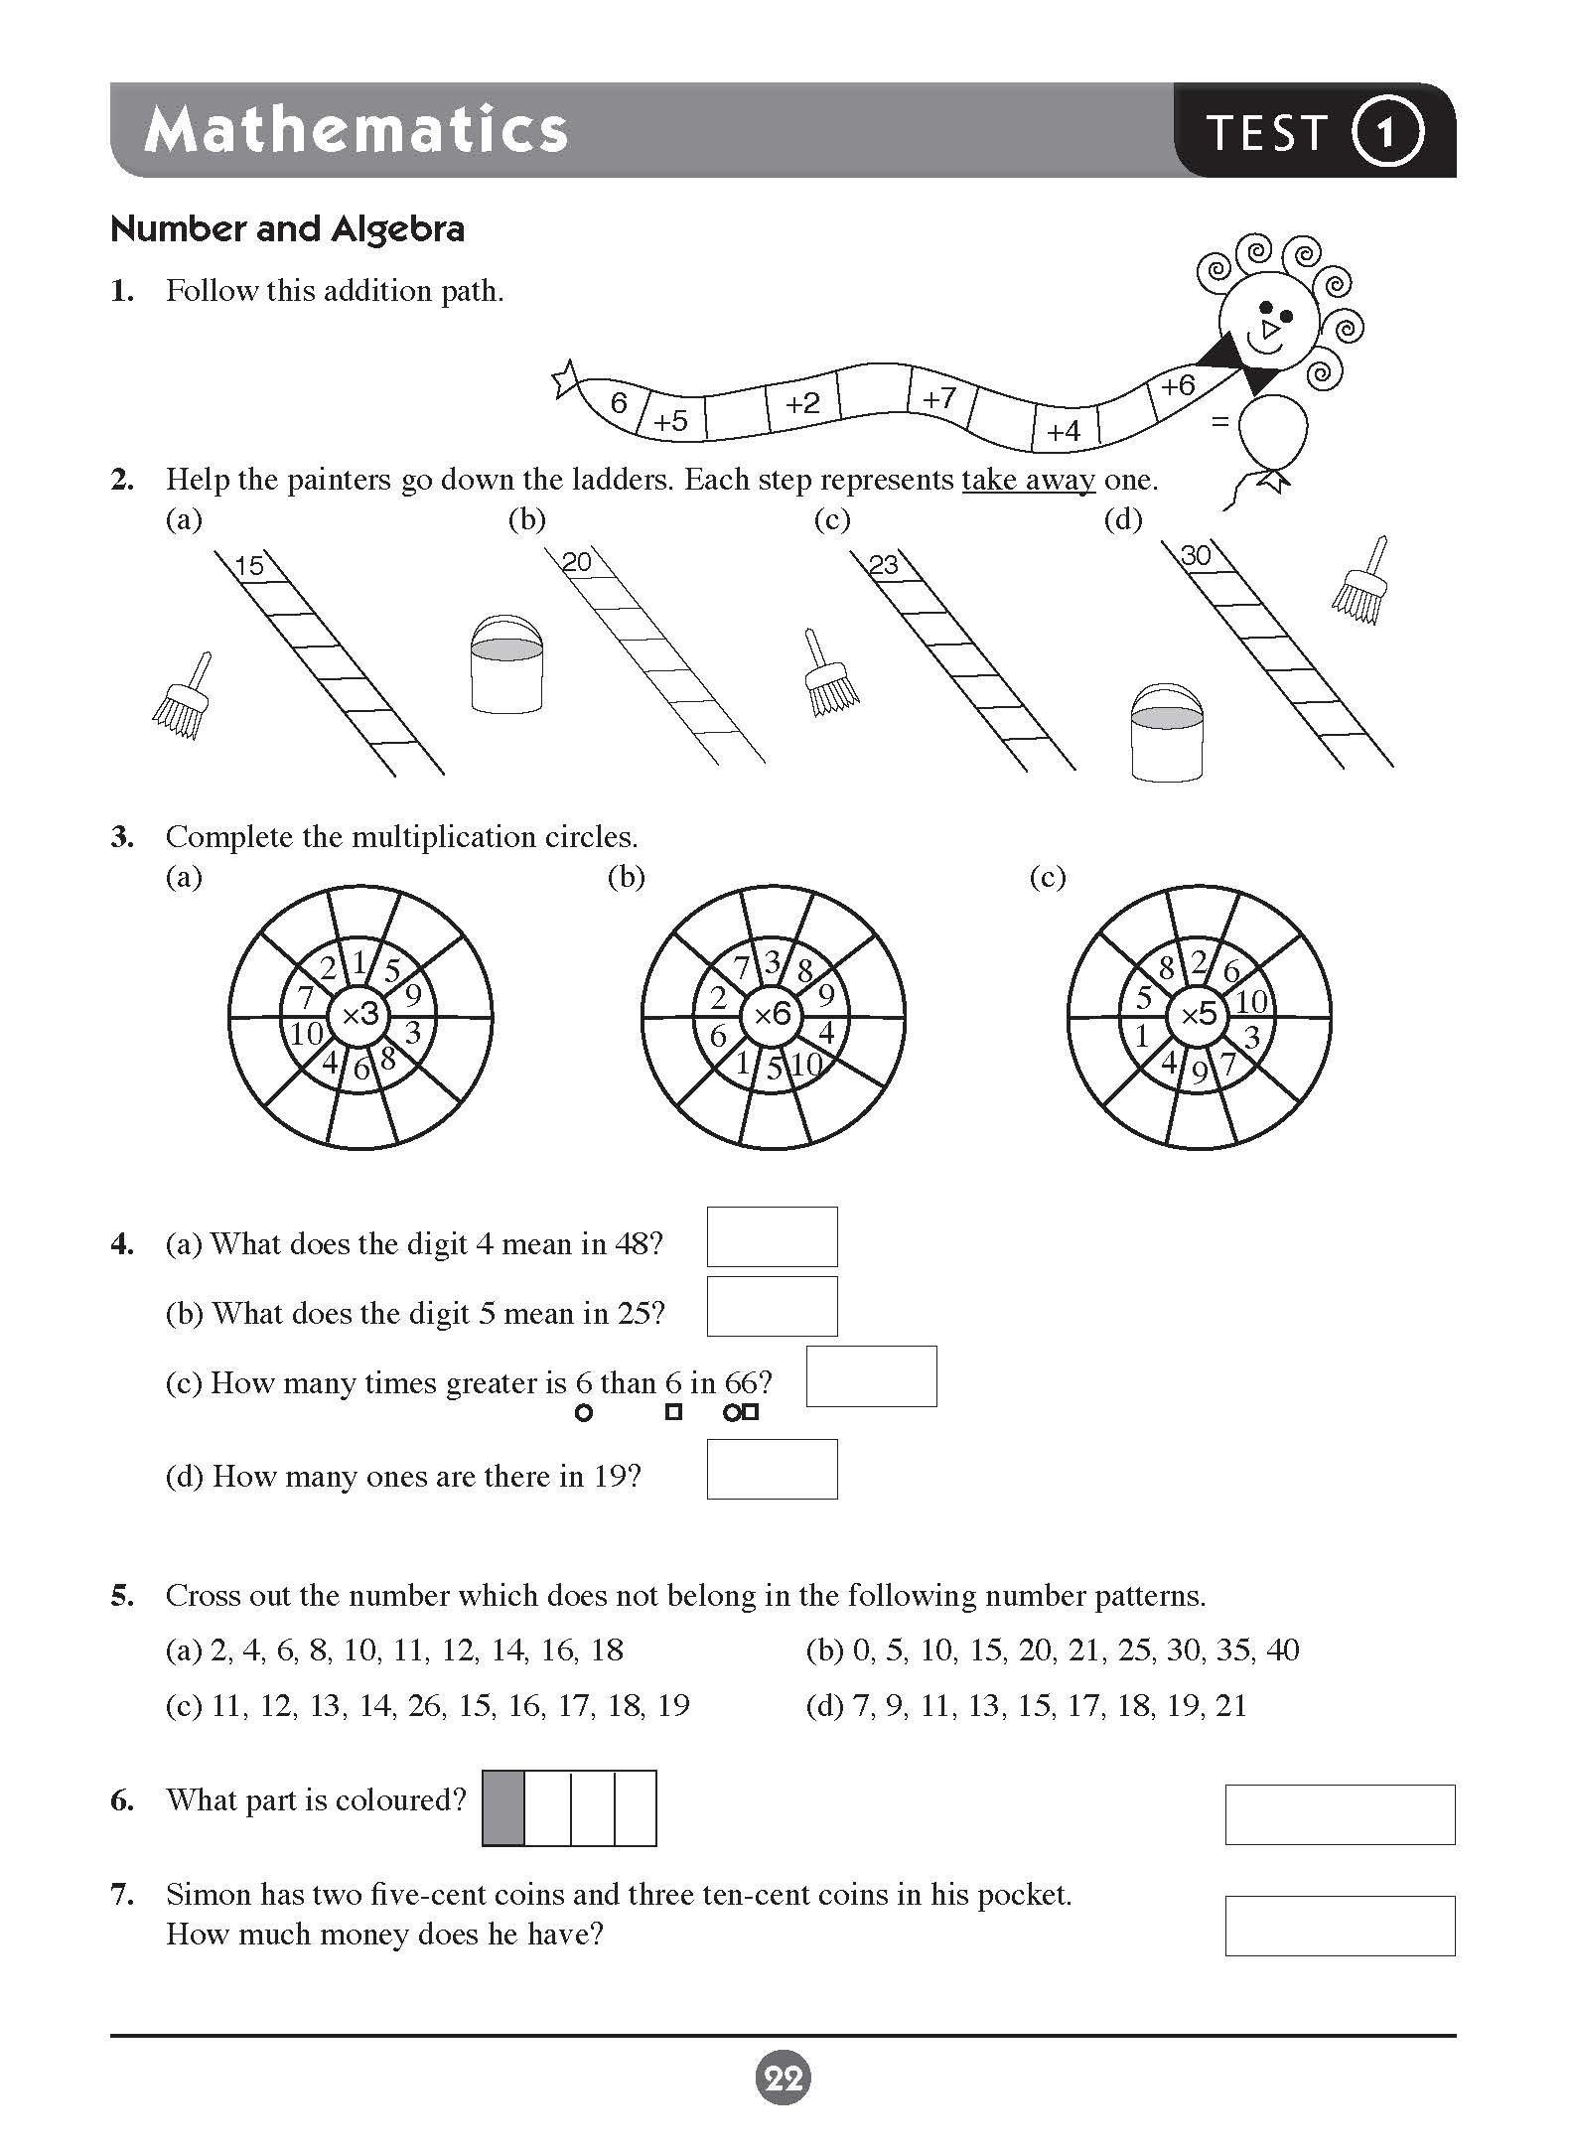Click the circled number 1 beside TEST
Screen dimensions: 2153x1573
(x=1386, y=131)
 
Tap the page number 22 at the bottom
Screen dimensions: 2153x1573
(x=784, y=2078)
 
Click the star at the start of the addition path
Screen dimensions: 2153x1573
(x=566, y=380)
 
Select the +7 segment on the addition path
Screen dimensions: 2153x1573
(x=938, y=398)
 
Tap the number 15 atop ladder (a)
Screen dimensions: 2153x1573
(x=249, y=565)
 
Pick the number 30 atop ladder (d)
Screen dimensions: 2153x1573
(x=1196, y=556)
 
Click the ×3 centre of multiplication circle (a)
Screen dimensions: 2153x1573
(x=360, y=1015)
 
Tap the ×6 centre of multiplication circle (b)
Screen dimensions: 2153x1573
(x=773, y=1015)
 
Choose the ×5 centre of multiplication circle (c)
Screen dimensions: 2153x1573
(x=1200, y=1015)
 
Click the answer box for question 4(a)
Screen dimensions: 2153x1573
(x=772, y=1236)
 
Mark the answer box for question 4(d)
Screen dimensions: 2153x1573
(x=772, y=1469)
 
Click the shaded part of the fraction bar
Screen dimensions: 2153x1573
(x=503, y=1807)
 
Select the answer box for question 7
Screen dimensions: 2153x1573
(x=1340, y=1926)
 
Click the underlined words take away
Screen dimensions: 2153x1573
(x=1028, y=480)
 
